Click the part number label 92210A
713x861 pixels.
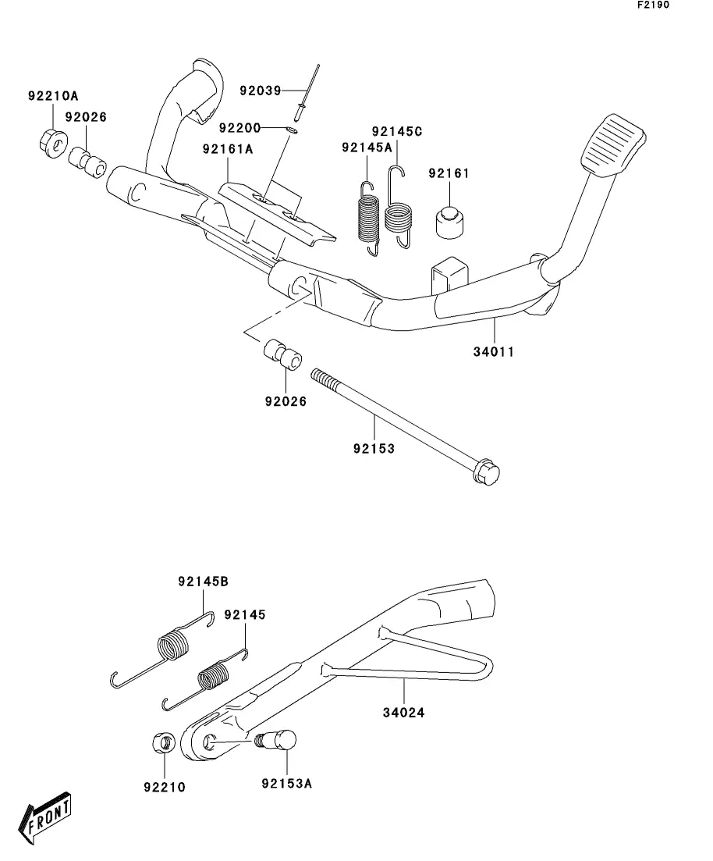coord(53,96)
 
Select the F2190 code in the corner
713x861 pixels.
coord(653,5)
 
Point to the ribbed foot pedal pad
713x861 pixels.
coord(613,145)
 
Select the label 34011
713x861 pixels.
coord(494,351)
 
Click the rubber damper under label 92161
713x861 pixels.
coord(449,222)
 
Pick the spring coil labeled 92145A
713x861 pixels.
coord(368,218)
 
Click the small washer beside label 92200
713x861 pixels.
coord(293,130)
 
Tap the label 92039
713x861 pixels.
coord(261,91)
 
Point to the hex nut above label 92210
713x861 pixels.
coord(164,743)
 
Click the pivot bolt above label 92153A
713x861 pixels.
coord(277,740)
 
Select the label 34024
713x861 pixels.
coord(403,713)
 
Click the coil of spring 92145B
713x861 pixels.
coord(173,646)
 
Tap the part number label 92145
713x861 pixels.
coord(245,614)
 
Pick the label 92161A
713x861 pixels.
coord(228,149)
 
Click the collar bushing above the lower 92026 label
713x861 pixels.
coord(284,354)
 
